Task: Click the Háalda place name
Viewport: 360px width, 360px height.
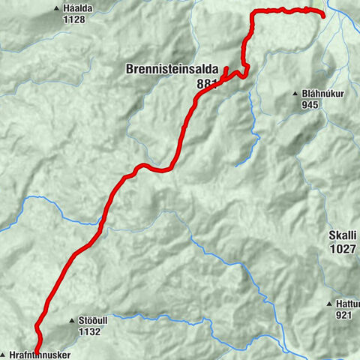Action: tap(77, 8)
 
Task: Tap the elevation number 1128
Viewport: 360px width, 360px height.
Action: tap(76, 19)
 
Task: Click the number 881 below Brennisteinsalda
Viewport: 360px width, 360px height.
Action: tap(205, 84)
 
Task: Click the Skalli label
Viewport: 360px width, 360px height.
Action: tap(343, 235)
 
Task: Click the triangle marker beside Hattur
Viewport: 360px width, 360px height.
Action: tap(328, 304)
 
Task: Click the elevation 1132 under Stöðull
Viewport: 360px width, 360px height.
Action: tap(90, 330)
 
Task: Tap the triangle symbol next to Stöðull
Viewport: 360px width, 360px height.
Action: tap(73, 319)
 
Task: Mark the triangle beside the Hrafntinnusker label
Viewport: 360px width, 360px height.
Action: tap(4, 355)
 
